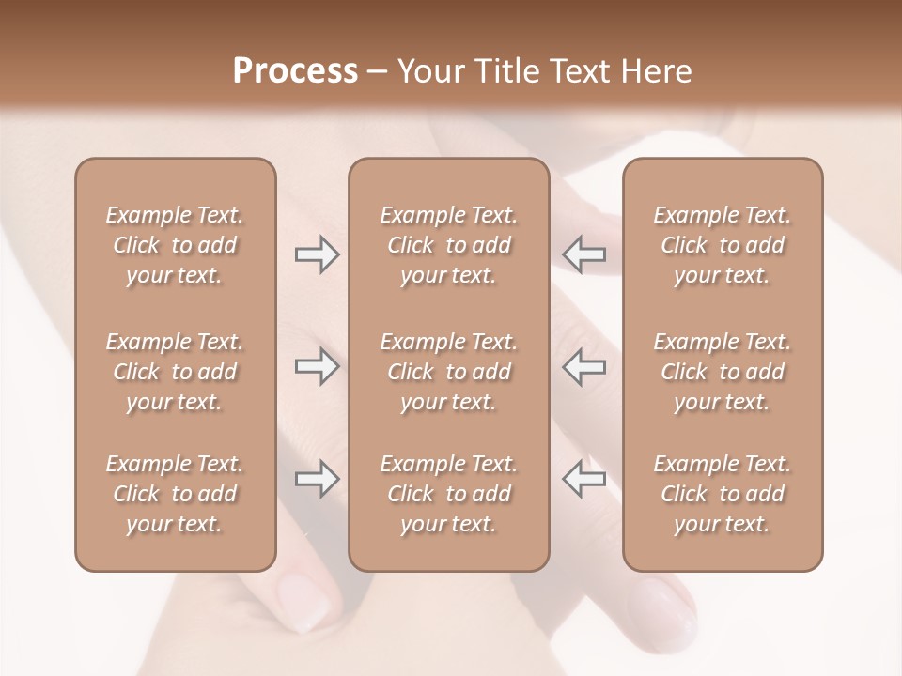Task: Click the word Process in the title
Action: pos(295,71)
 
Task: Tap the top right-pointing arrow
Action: pos(317,255)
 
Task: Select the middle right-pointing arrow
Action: pos(317,367)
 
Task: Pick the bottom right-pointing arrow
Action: pos(317,480)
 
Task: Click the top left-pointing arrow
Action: pos(583,255)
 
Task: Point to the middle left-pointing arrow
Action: pos(583,367)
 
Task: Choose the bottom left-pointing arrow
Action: pos(583,480)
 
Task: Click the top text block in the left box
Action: pos(175,245)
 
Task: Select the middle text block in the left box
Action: pos(175,372)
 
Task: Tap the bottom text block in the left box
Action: pos(175,494)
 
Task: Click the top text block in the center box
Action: pos(448,245)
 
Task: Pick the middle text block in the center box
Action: pos(448,372)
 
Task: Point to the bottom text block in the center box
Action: pos(448,494)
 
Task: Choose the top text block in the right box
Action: pos(722,245)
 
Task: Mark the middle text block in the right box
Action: pos(722,372)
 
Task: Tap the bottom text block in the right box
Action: pos(722,494)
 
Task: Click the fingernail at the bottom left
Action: pos(303,601)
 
